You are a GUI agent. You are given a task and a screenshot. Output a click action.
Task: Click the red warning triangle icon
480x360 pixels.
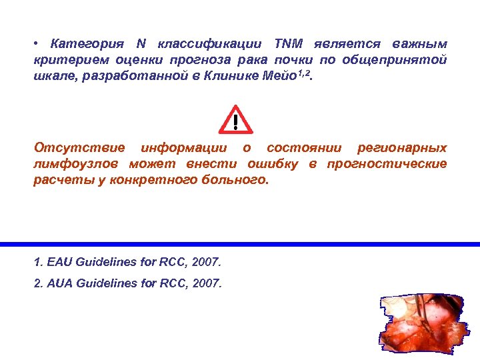click(x=235, y=120)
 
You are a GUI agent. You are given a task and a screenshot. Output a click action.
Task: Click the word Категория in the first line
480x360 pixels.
click(x=87, y=44)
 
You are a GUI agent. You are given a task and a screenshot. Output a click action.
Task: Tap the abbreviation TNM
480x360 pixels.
click(x=288, y=44)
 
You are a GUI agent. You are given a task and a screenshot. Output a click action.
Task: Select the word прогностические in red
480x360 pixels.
click(x=387, y=164)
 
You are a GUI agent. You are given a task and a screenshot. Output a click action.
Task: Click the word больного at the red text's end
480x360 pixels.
click(x=235, y=181)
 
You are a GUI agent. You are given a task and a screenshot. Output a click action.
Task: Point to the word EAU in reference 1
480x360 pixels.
click(x=59, y=261)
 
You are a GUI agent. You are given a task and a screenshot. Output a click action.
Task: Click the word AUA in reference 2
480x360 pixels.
click(x=59, y=283)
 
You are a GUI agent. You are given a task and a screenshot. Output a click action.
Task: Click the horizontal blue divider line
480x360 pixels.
click(x=240, y=244)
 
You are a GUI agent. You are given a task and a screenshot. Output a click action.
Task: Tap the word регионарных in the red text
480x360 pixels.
click(x=402, y=147)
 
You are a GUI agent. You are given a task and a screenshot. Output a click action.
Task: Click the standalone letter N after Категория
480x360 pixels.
click(x=141, y=44)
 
